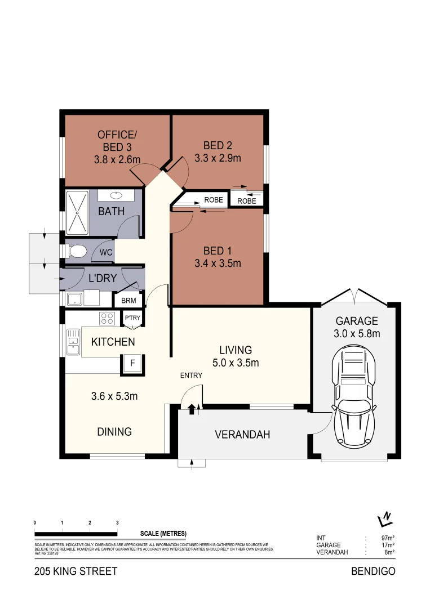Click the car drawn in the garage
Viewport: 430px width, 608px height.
click(356, 397)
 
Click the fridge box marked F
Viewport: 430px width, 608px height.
click(132, 364)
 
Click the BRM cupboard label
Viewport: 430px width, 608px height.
click(128, 301)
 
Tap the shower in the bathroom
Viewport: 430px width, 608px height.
click(77, 213)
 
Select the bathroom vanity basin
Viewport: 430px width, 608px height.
click(117, 195)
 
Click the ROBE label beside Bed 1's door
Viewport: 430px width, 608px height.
click(213, 200)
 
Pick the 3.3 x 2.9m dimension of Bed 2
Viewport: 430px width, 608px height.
click(218, 158)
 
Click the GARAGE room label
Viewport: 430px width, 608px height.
click(357, 321)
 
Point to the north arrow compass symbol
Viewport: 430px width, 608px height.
click(385, 517)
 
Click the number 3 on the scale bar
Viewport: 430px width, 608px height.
click(117, 523)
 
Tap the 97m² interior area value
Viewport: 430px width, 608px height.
click(387, 538)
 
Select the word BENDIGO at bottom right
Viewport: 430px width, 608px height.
click(373, 571)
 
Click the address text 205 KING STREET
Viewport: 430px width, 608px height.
click(76, 571)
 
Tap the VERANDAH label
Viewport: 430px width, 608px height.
click(242, 435)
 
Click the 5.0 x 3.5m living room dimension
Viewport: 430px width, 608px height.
click(236, 363)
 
